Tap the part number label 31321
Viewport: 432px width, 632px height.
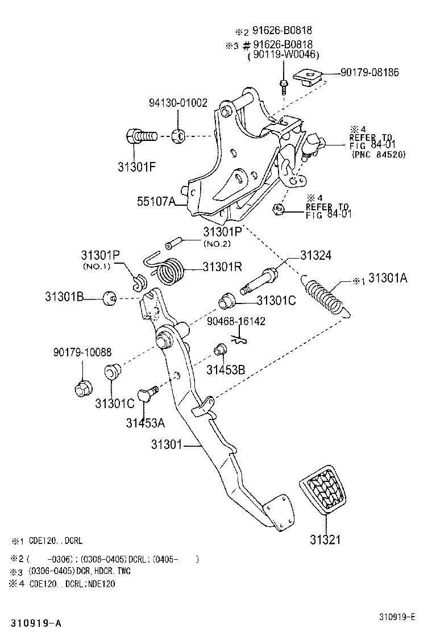click(325, 538)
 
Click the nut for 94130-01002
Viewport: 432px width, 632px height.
click(177, 136)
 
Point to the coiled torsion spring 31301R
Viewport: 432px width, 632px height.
click(170, 271)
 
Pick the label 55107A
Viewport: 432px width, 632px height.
click(155, 202)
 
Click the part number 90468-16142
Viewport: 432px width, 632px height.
click(236, 321)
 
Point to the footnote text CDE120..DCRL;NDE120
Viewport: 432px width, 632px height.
click(72, 584)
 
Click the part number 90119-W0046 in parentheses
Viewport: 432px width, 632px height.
click(284, 55)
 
